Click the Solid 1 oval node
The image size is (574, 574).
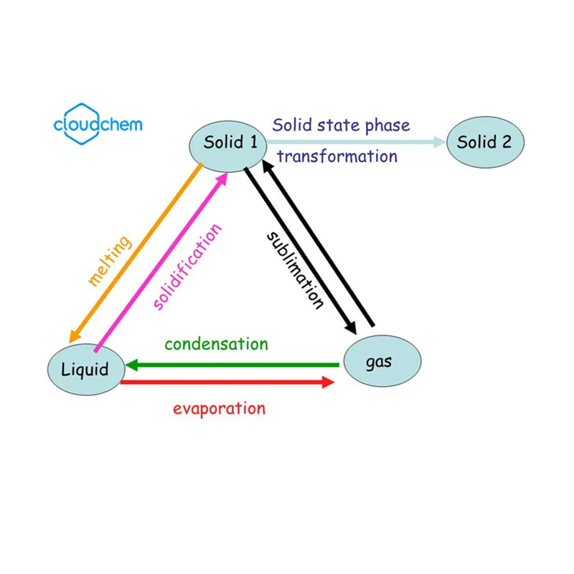(x=229, y=142)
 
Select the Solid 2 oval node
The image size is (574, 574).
(x=485, y=141)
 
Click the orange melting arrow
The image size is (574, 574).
(x=136, y=251)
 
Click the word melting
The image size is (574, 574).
(x=110, y=261)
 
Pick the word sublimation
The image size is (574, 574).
(x=294, y=269)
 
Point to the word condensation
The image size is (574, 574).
(x=216, y=344)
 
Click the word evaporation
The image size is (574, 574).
(x=219, y=409)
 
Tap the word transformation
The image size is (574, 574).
(x=337, y=156)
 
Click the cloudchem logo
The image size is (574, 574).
(x=98, y=123)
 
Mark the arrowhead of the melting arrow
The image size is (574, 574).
(x=74, y=336)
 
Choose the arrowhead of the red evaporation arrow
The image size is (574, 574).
(x=327, y=383)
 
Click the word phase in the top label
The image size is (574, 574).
(x=387, y=126)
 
